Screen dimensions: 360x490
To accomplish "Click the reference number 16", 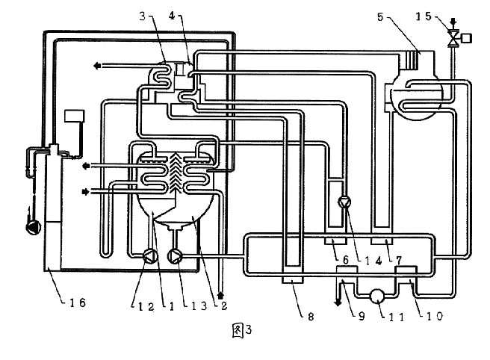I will pyautogui.click(x=72, y=302).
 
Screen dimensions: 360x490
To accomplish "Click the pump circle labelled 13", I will pyautogui.click(x=176, y=257).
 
